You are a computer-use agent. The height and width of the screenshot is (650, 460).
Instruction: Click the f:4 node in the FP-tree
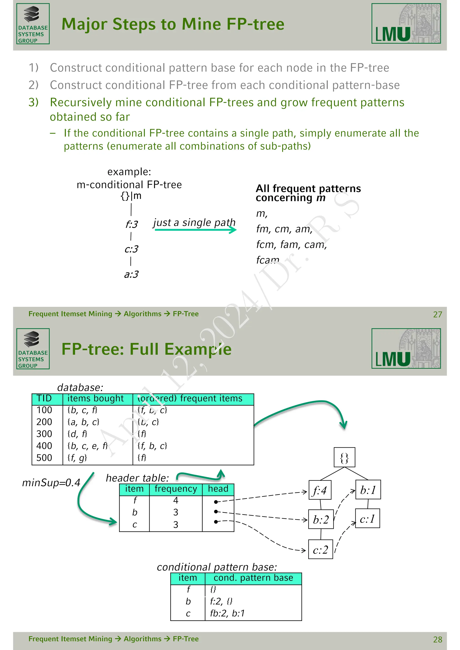pyautogui.click(x=320, y=490)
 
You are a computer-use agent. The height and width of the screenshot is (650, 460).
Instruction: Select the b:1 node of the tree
pyautogui.click(x=368, y=490)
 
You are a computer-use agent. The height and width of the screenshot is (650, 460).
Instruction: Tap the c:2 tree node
pyautogui.click(x=320, y=549)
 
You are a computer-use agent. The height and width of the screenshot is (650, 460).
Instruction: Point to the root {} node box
pyautogui.click(x=344, y=457)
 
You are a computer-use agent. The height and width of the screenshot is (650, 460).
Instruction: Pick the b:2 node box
pyautogui.click(x=321, y=520)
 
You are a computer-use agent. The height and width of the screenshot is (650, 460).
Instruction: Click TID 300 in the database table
pyautogui.click(x=44, y=434)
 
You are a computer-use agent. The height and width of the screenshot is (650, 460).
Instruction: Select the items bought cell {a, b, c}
pyautogui.click(x=83, y=422)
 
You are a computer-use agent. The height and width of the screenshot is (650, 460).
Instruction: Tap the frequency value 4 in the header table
pyautogui.click(x=176, y=500)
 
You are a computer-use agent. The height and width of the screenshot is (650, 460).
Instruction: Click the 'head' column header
pyautogui.click(x=218, y=489)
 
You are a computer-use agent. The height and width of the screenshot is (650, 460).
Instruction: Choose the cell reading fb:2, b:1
pyautogui.click(x=227, y=613)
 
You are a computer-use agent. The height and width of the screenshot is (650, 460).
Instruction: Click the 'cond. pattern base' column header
pyautogui.click(x=253, y=578)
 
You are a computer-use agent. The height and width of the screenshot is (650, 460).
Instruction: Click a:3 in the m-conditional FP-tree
pyautogui.click(x=131, y=274)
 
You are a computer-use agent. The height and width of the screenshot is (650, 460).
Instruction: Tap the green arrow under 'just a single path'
pyautogui.click(x=195, y=230)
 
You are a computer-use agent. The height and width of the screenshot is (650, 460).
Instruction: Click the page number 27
pyautogui.click(x=437, y=314)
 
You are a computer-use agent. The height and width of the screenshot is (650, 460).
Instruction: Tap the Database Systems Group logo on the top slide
pyautogui.click(x=33, y=24)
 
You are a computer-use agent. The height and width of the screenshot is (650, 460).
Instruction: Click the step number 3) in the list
pyautogui.click(x=33, y=102)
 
